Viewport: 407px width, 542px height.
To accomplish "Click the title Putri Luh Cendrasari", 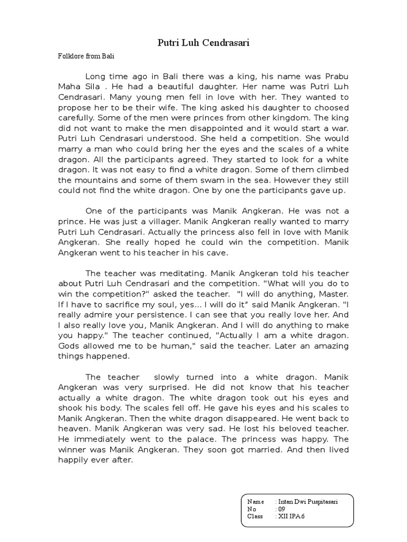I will [x=203, y=43].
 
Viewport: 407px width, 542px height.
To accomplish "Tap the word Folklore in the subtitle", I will [x=69, y=56].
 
